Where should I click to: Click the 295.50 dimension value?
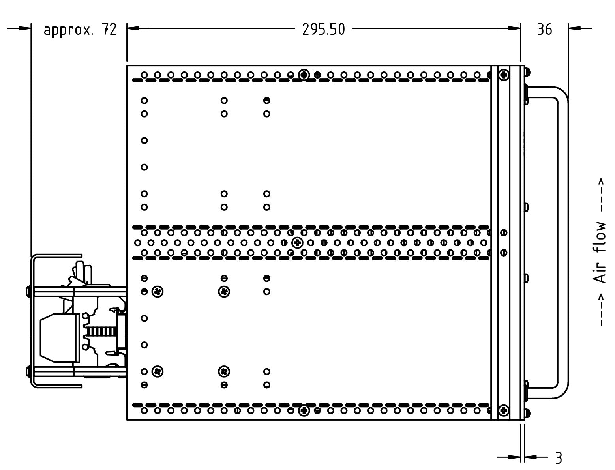(323, 29)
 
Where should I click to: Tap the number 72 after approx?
(109, 29)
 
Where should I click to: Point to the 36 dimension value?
(544, 29)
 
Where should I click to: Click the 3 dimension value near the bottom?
(558, 458)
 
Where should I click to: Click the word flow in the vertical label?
(600, 238)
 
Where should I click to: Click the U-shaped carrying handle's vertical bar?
(563, 243)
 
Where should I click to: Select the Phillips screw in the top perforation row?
(304, 74)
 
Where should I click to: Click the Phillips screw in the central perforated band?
(297, 242)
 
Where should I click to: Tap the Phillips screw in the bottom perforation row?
(304, 411)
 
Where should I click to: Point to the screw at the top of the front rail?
(504, 75)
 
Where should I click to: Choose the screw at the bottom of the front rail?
(504, 411)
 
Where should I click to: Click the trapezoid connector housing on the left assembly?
(59, 338)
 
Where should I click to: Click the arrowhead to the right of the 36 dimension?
(574, 28)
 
